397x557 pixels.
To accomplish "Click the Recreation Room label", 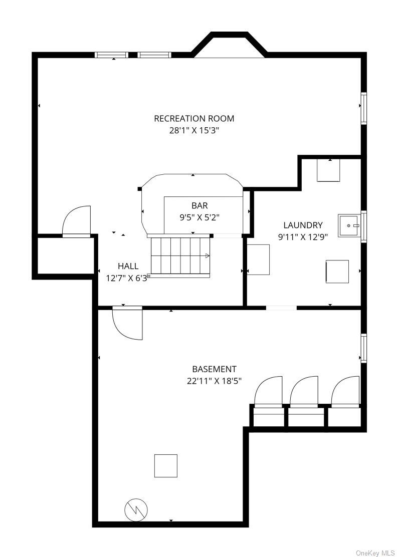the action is [x=193, y=118].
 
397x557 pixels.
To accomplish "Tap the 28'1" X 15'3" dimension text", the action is [x=193, y=130].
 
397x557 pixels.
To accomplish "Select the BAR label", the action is [x=200, y=205].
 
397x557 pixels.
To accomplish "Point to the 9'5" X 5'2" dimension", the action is [x=200, y=217].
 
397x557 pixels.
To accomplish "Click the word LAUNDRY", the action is [x=303, y=225].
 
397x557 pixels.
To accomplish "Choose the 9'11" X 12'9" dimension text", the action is [x=303, y=237].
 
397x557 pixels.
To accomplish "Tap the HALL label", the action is [x=128, y=266].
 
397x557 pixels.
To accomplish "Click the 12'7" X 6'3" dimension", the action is [x=128, y=278].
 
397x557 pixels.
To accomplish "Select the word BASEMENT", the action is [x=215, y=369].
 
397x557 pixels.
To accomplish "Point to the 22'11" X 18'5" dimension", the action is [x=215, y=381].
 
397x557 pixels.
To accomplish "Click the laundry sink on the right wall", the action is [x=349, y=225].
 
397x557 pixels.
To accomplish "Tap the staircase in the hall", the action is [x=179, y=256].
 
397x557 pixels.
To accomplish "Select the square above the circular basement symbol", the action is [x=165, y=466].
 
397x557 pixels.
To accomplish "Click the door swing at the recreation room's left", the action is [x=76, y=220].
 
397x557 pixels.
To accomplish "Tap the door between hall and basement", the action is [x=127, y=323].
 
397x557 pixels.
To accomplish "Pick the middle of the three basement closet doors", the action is [x=304, y=392].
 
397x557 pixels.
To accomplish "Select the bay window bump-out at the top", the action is [x=229, y=45].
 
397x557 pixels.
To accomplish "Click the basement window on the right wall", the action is [x=363, y=348].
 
